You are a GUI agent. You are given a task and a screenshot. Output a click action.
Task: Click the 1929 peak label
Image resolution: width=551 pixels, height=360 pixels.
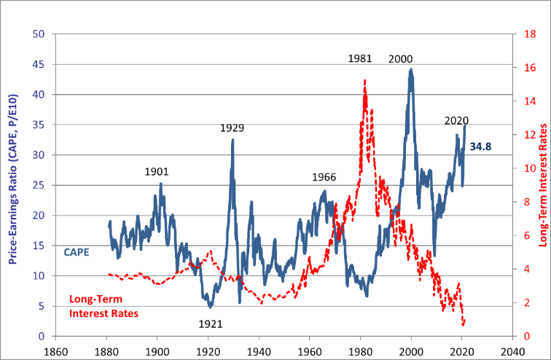pyautogui.click(x=232, y=128)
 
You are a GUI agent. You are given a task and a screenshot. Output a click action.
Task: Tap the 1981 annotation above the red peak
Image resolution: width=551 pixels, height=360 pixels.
pyautogui.click(x=360, y=58)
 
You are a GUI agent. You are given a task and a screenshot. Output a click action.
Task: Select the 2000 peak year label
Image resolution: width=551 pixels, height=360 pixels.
pyautogui.click(x=401, y=59)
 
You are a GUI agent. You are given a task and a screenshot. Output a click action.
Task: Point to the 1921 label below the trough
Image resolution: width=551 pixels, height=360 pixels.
pyautogui.click(x=211, y=324)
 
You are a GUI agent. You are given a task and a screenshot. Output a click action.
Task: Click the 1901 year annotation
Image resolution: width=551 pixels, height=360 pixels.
pyautogui.click(x=157, y=172)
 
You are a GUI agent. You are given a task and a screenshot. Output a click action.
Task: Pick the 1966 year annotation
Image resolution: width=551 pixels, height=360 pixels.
pyautogui.click(x=324, y=177)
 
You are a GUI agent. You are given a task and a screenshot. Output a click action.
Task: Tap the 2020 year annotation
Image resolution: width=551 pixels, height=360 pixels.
pyautogui.click(x=456, y=121)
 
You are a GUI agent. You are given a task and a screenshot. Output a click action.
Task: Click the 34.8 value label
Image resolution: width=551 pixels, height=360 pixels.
pyautogui.click(x=480, y=146)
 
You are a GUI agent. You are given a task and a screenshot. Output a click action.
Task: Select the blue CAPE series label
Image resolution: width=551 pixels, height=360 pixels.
pyautogui.click(x=76, y=253)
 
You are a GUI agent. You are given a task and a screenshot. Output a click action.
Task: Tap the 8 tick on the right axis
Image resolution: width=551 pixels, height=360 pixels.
pyautogui.click(x=518, y=202)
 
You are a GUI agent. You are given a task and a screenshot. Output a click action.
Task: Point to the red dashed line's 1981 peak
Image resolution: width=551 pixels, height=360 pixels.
pyautogui.click(x=364, y=80)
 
